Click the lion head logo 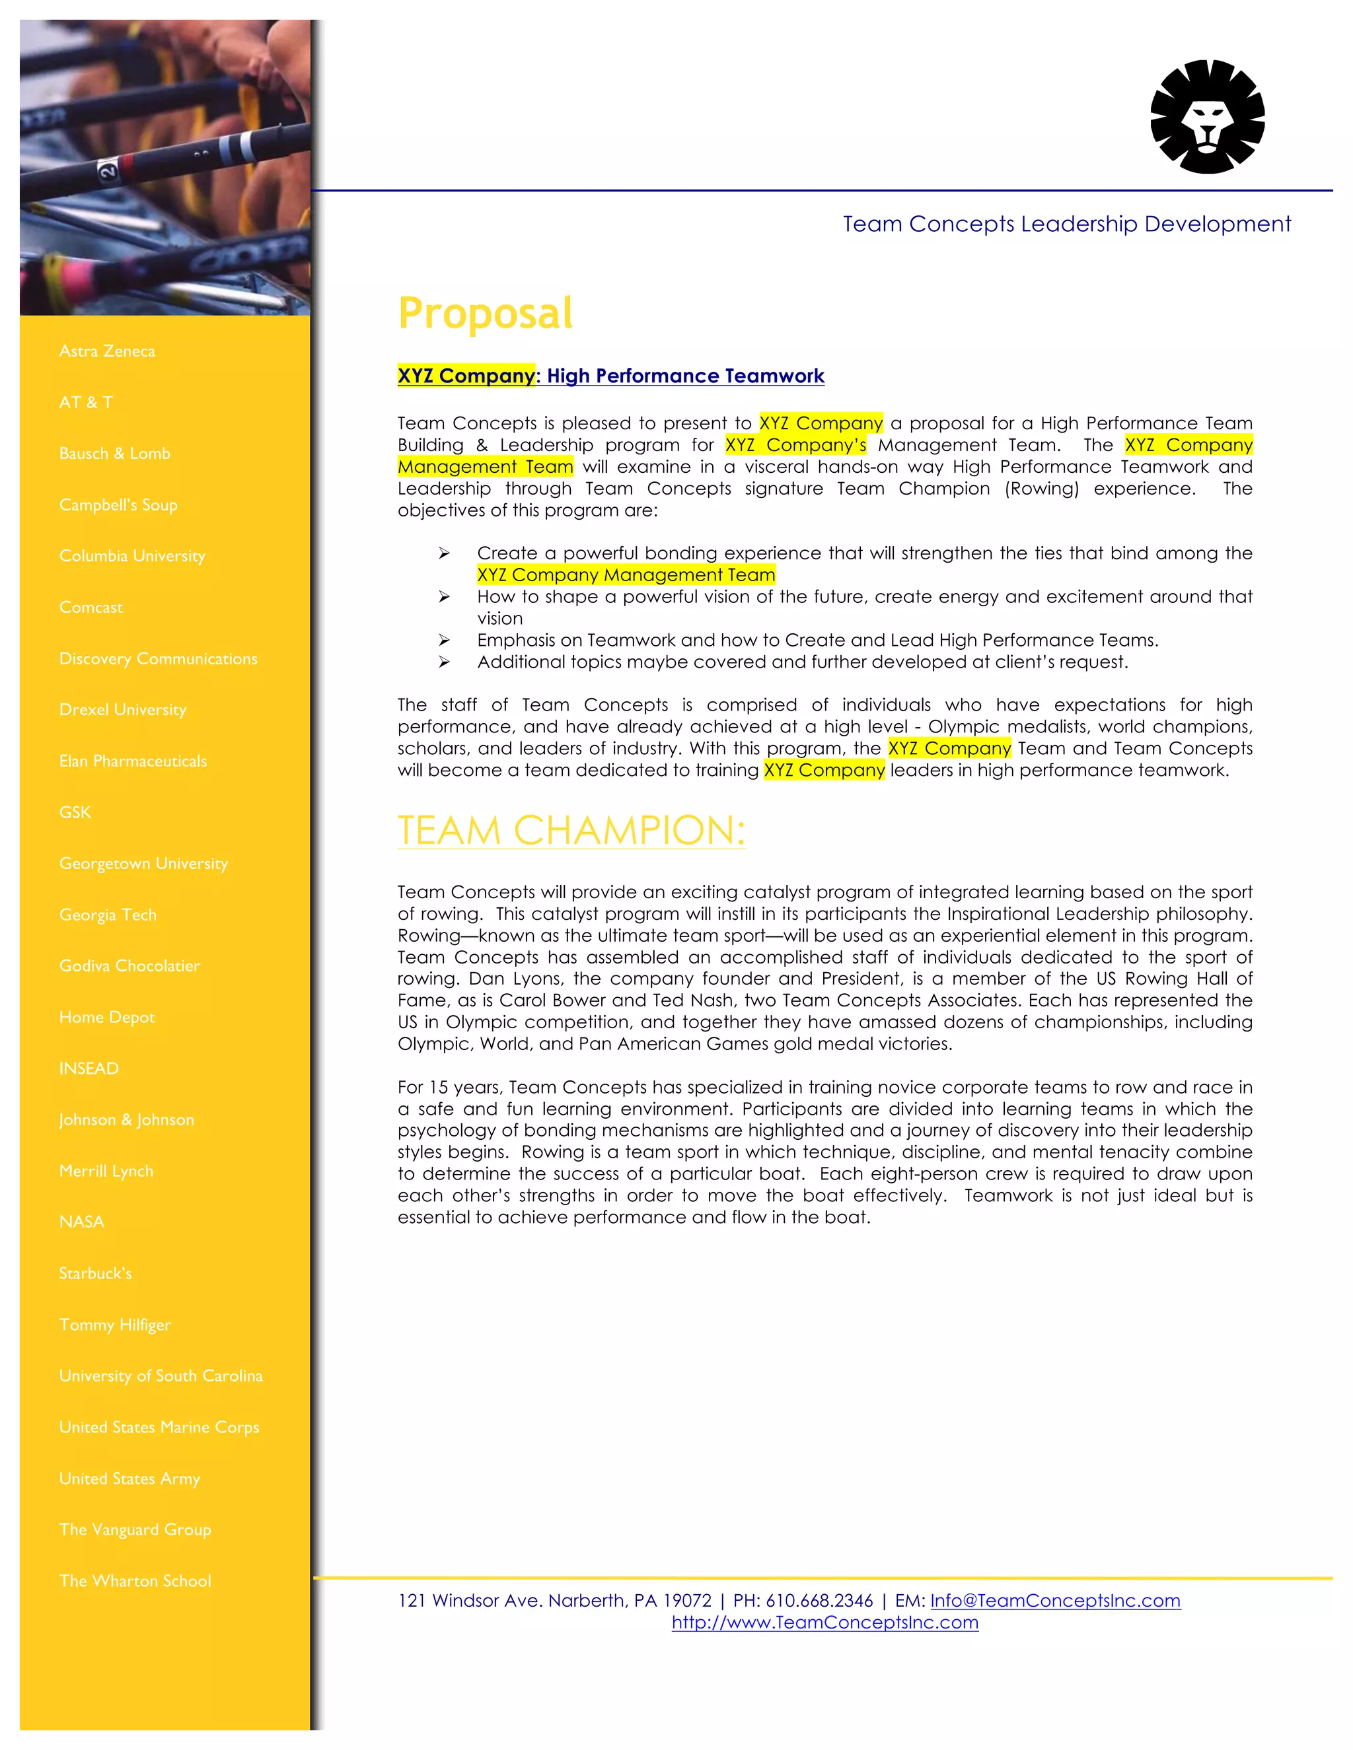pos(1207,117)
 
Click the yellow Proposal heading pos(485,313)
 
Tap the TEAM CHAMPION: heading pos(571,830)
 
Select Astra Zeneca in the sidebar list pos(106,351)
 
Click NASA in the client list pos(82,1222)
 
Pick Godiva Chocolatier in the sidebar pos(129,965)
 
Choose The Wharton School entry pos(135,1581)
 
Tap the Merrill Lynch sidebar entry pos(106,1171)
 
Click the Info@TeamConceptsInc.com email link pos(1055,1600)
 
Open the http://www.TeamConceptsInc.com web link pos(824,1622)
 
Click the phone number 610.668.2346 pos(819,1600)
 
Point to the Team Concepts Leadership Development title pos(1066,224)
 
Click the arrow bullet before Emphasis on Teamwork pos(444,640)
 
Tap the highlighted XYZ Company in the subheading pos(466,376)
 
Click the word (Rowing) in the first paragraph pos(1041,489)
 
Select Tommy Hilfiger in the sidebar pos(114,1325)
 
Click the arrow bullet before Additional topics pos(444,662)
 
